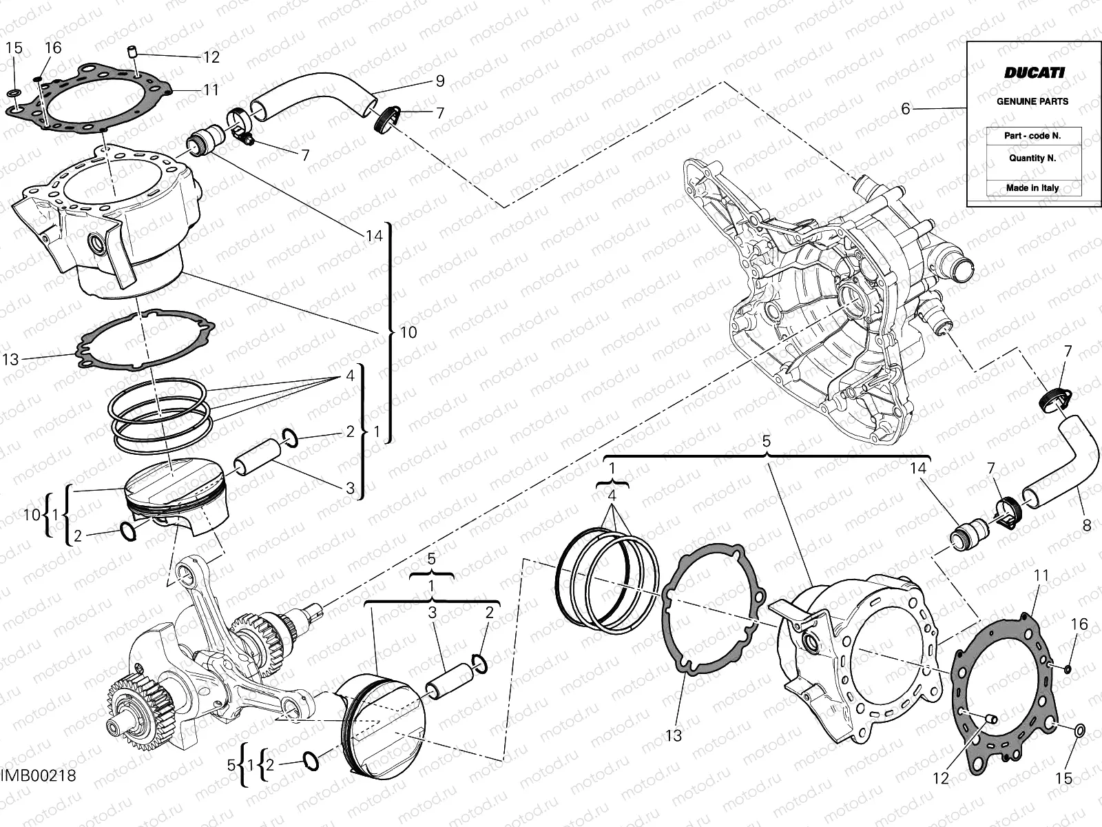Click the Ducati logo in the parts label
(x=1033, y=72)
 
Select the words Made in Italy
(x=1032, y=187)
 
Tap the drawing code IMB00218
(x=38, y=775)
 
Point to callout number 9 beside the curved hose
(x=440, y=81)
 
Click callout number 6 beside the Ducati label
(x=906, y=109)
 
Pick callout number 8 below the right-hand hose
(x=1087, y=526)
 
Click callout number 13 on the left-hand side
(x=10, y=359)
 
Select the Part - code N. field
(x=1032, y=136)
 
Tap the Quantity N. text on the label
(x=1032, y=158)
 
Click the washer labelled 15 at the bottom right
(x=1079, y=730)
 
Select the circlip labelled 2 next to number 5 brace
(x=311, y=762)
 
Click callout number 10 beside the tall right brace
(x=408, y=332)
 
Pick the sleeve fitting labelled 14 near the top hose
(x=206, y=141)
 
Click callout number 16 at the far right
(x=1079, y=624)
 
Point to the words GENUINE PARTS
(x=1032, y=101)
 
